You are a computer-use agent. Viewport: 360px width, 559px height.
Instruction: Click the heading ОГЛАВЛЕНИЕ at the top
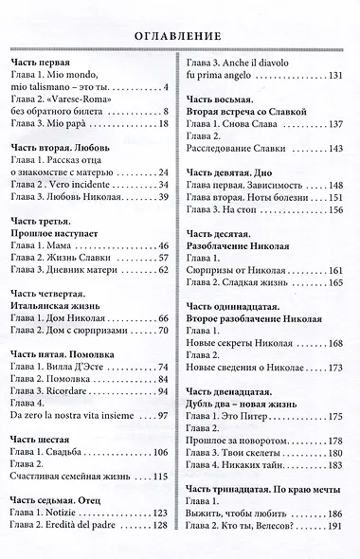pos(180,36)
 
